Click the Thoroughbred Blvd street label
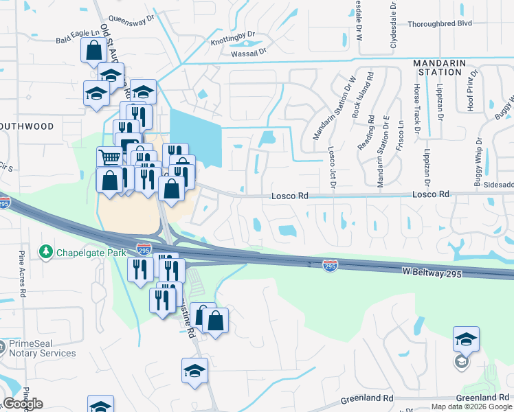440,23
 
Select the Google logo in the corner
23,404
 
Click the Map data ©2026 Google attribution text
471,407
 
